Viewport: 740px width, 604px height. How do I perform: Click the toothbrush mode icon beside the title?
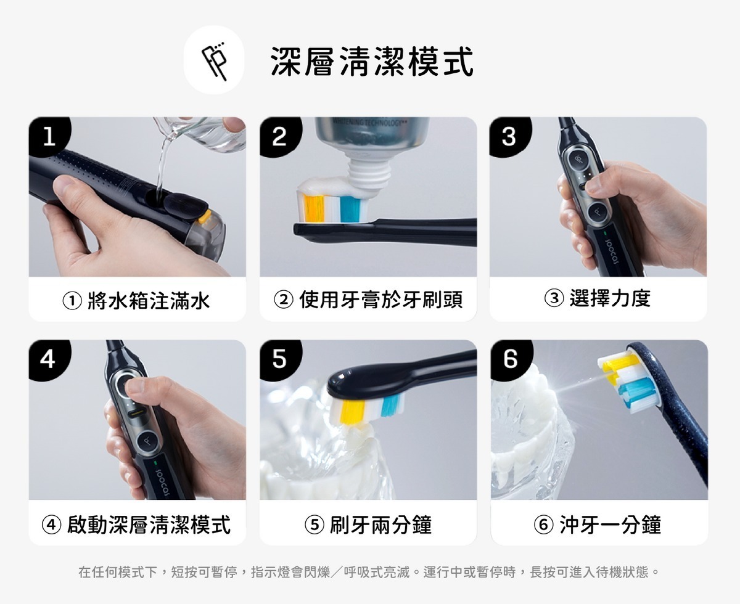214,60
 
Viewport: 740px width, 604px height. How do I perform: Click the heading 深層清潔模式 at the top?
372,62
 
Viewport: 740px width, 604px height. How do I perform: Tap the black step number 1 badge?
50,136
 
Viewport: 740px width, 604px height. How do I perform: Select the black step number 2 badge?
280,136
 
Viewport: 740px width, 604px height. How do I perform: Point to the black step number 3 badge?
510,136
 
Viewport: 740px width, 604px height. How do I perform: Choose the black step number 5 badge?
280,359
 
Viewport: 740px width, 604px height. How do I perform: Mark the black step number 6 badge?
511,359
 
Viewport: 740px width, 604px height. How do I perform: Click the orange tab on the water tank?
204,216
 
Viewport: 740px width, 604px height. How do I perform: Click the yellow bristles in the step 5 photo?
353,411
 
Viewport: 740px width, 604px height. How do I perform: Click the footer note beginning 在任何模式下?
369,572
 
